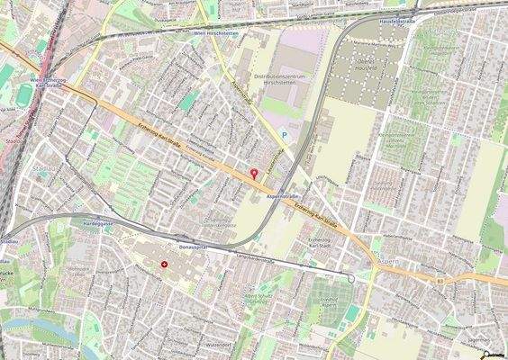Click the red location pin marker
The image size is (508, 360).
click(253, 174)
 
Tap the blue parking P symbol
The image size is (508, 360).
click(285, 136)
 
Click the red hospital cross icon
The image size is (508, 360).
click(164, 265)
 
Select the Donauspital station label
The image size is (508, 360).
click(193, 245)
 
